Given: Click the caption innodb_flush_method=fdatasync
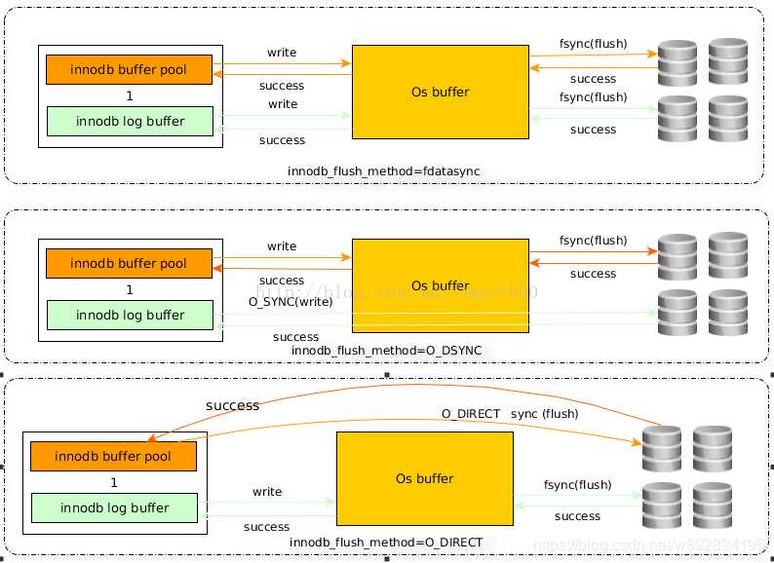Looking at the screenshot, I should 383,171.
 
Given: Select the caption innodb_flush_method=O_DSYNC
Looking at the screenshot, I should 386,350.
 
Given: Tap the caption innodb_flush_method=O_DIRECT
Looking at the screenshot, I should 386,543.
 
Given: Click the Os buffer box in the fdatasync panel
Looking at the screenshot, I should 440,92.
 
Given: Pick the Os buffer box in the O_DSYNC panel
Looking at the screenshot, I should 440,285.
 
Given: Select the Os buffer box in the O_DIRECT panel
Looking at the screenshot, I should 424,478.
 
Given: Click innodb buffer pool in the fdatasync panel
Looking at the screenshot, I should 129,70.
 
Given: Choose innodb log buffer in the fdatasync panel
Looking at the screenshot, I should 130,121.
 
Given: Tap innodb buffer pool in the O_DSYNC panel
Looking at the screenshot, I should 129,264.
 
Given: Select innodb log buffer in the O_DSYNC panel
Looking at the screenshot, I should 130,315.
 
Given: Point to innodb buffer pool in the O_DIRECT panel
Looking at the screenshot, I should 113,457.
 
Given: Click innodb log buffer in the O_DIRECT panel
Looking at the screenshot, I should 114,507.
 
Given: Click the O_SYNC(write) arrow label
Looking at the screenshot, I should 290,302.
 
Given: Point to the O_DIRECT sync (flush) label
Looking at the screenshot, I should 509,414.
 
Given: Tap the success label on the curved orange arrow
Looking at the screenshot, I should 232,405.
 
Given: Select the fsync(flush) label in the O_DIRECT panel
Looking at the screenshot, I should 577,485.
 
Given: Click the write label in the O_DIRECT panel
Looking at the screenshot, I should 267,492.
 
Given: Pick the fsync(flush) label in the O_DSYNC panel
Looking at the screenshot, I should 593,241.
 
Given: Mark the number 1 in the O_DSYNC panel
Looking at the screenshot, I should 130,290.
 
